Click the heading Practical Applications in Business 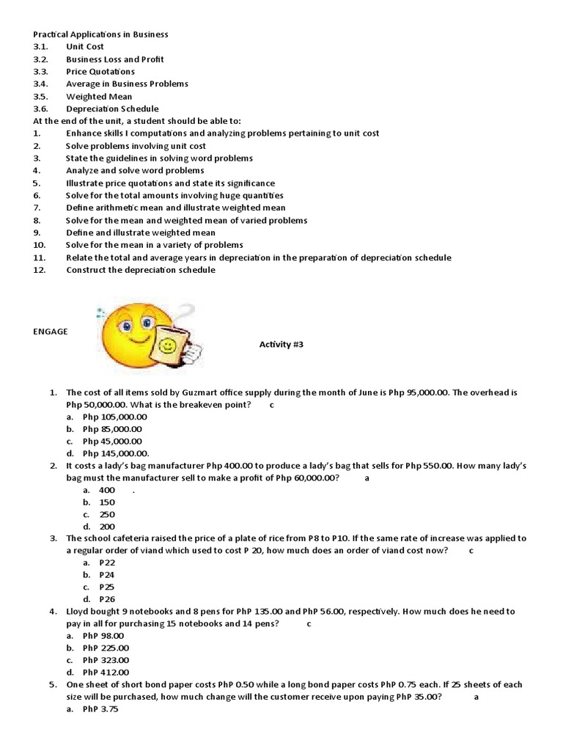click(100, 34)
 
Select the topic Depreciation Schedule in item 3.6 click(112, 109)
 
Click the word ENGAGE click(50, 331)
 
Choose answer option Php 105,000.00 click(115, 417)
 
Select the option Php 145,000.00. click(116, 453)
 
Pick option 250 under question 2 click(107, 514)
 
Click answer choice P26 click(107, 598)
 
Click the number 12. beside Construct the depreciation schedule click(40, 270)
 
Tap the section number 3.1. click(40, 46)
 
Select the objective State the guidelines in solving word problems click(159, 158)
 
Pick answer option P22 click(107, 563)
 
